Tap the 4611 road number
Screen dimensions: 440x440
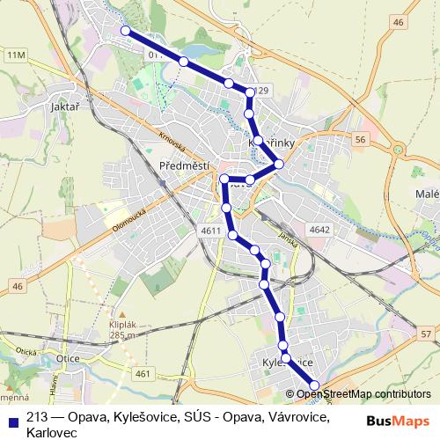(x=211, y=231)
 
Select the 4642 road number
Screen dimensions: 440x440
(x=319, y=231)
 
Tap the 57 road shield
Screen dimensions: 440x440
(x=425, y=334)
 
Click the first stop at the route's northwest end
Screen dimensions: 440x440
(x=125, y=31)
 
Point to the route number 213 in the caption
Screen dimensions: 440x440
(x=37, y=416)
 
